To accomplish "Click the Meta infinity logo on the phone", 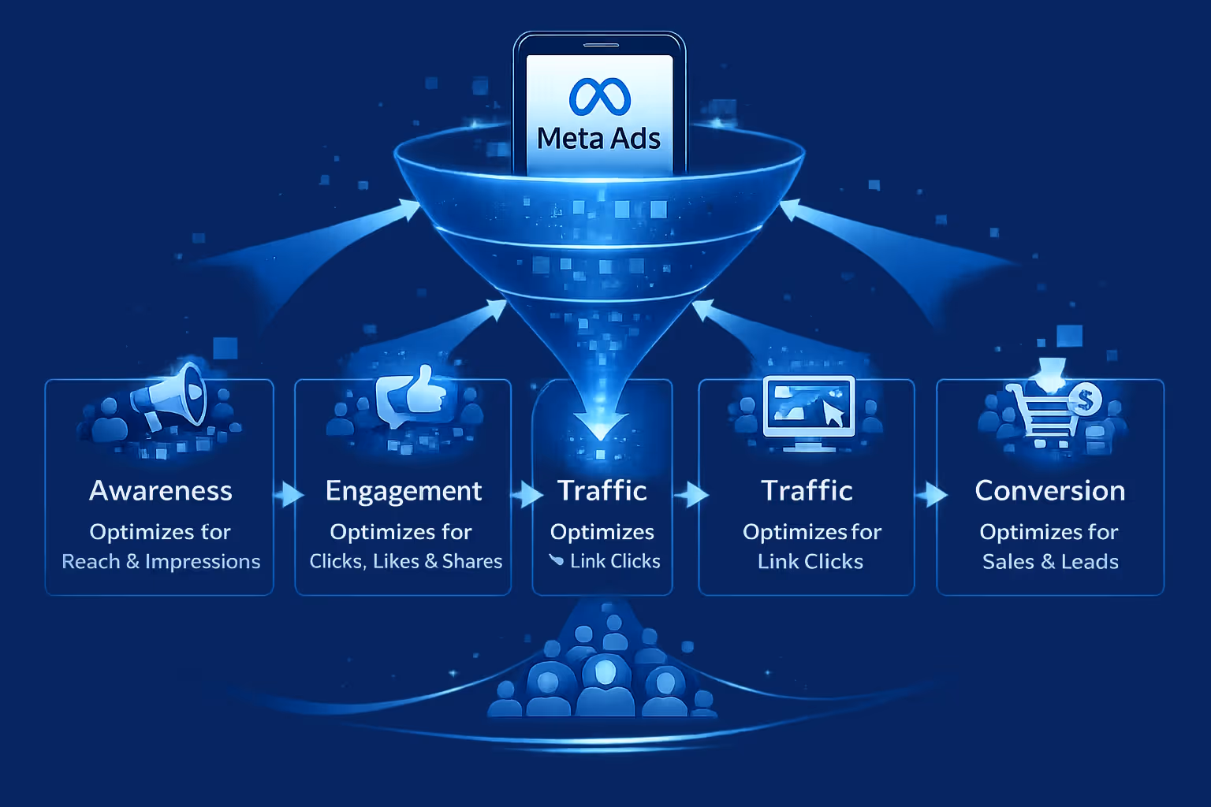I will coord(599,96).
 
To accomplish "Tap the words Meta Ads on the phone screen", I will coord(599,139).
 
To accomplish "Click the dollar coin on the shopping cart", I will coord(1086,400).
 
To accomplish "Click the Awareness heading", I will coord(161,491).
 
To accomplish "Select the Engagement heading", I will coord(404,492).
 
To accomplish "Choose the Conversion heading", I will coord(1050,491).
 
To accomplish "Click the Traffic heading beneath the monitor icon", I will coord(807,491).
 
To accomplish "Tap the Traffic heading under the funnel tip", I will coord(602,491).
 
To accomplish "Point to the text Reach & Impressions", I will coord(161,562).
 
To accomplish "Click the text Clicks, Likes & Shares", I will coord(405,562).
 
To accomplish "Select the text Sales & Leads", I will coord(1050,562).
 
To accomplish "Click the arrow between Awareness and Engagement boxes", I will coord(289,495).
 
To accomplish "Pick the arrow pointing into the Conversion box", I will coord(932,495).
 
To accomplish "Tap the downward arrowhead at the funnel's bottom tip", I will coord(601,426).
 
